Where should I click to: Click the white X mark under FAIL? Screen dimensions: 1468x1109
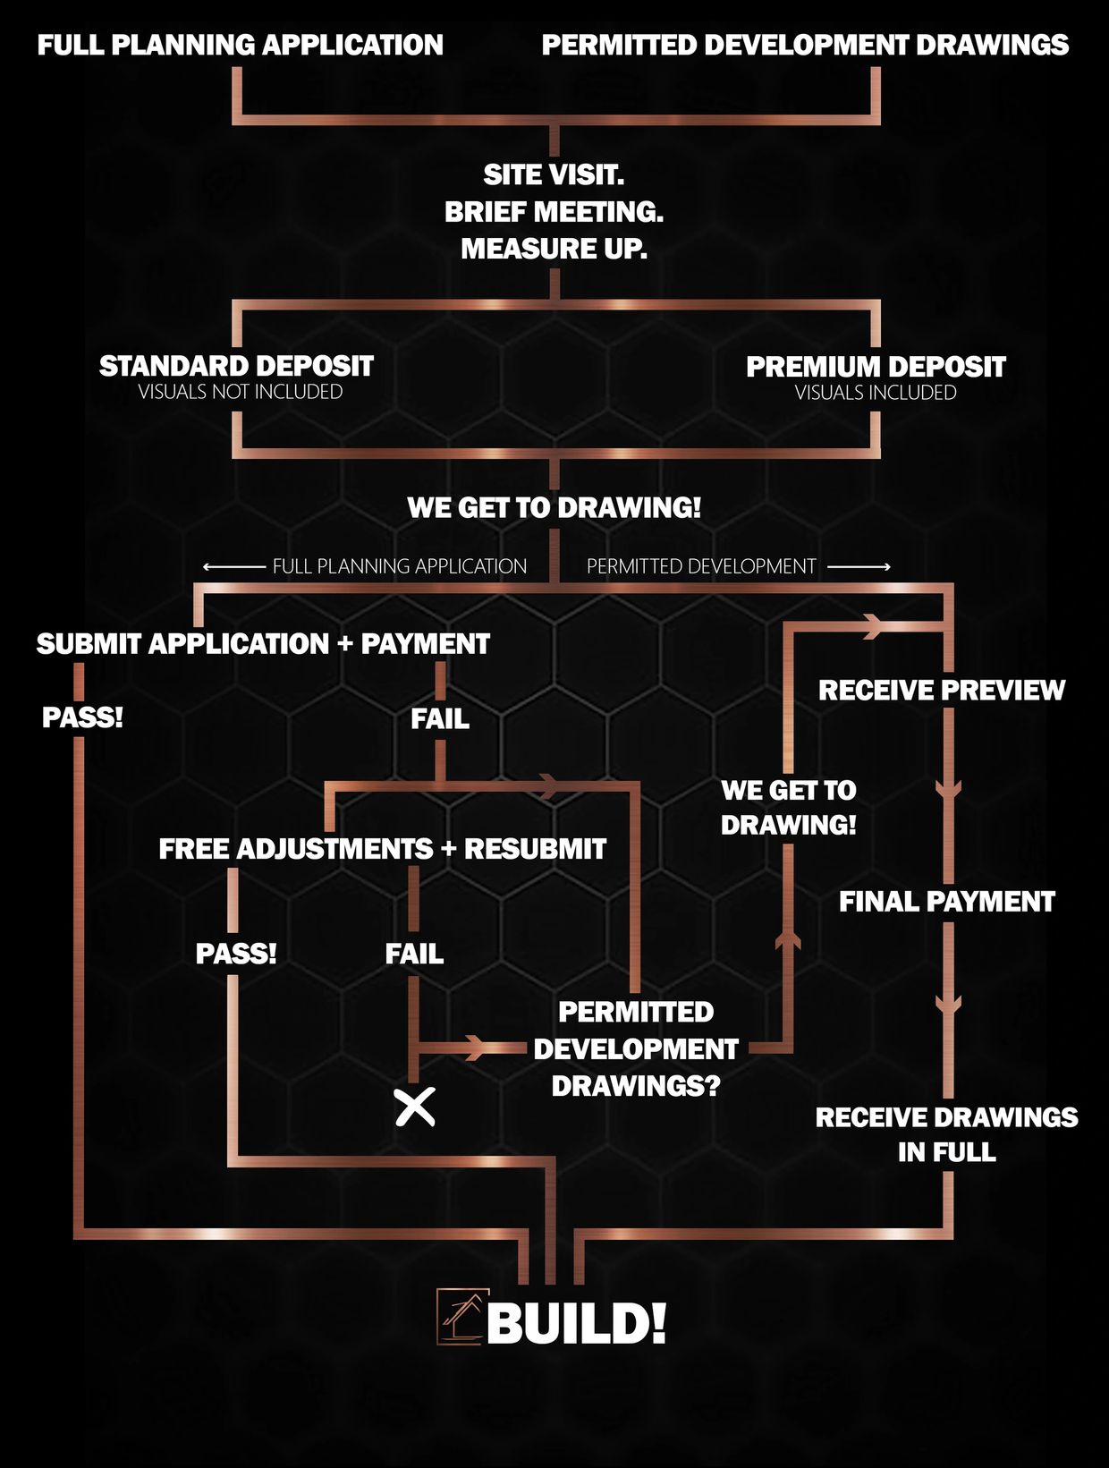point(415,1107)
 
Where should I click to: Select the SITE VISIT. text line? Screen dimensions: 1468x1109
point(554,174)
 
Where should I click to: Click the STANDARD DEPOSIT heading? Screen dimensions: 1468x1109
point(236,366)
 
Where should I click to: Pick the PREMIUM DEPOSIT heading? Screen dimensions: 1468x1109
point(876,367)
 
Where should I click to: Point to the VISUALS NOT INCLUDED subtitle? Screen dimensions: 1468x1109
point(240,392)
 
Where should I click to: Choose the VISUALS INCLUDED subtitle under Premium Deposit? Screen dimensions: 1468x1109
point(876,393)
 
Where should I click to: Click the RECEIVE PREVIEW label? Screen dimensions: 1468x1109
point(942,691)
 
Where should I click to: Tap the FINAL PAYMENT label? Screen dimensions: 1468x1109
point(946,902)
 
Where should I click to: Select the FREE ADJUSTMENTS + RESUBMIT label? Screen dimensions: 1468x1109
point(382,849)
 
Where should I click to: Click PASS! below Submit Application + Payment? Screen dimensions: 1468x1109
point(82,717)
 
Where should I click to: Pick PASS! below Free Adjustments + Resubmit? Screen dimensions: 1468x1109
point(236,954)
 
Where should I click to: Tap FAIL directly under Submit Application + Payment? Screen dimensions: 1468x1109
point(439,718)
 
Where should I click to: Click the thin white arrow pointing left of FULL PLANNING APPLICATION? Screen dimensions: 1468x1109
point(234,566)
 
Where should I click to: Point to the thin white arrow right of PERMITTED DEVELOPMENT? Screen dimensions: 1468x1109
point(859,566)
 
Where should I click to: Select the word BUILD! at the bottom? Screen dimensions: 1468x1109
point(577,1323)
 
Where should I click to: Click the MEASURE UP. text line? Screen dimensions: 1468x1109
point(554,249)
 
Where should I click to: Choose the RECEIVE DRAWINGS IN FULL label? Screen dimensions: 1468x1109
point(946,1134)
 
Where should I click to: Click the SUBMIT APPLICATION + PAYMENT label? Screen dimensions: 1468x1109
point(263,644)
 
